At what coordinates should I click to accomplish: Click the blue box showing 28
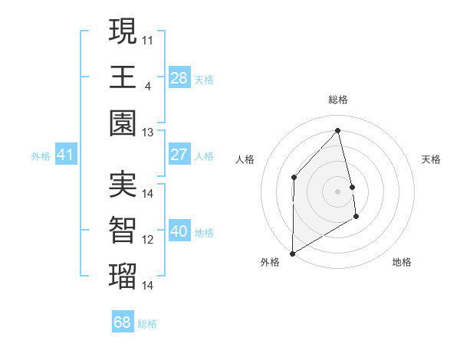pos(179,77)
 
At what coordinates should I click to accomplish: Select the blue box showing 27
pos(179,155)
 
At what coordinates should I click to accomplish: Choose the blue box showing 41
pos(65,155)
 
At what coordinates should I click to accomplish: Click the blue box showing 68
pos(122,322)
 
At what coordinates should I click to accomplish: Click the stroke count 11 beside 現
pos(148,39)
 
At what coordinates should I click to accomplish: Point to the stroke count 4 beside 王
pos(147,85)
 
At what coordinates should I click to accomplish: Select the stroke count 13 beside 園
pos(148,132)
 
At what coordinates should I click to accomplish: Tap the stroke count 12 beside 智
pos(148,240)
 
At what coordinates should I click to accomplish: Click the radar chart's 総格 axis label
pos(337,100)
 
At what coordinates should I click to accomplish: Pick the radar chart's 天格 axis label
pos(432,159)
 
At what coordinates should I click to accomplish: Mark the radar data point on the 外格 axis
pos(292,253)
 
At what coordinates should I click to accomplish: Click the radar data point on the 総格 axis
pos(337,131)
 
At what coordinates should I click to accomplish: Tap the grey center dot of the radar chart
pos(337,191)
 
